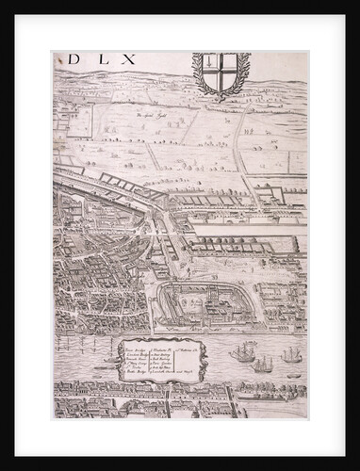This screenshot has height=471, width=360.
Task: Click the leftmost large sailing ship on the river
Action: tap(243, 355)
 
